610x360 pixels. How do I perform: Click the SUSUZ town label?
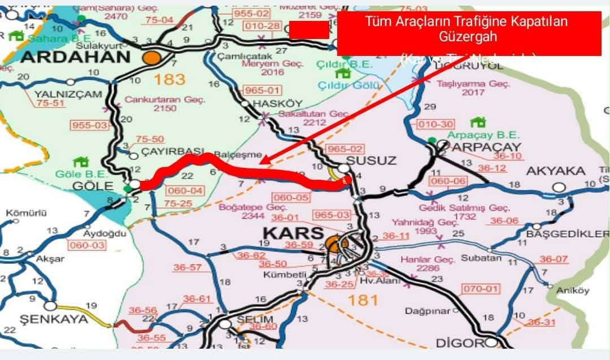pos(371,161)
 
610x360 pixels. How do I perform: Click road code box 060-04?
pos(185,191)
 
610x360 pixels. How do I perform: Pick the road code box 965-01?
pos(262,90)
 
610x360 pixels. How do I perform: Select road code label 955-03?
pos(89,124)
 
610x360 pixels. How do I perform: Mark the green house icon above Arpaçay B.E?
pos(478,122)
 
